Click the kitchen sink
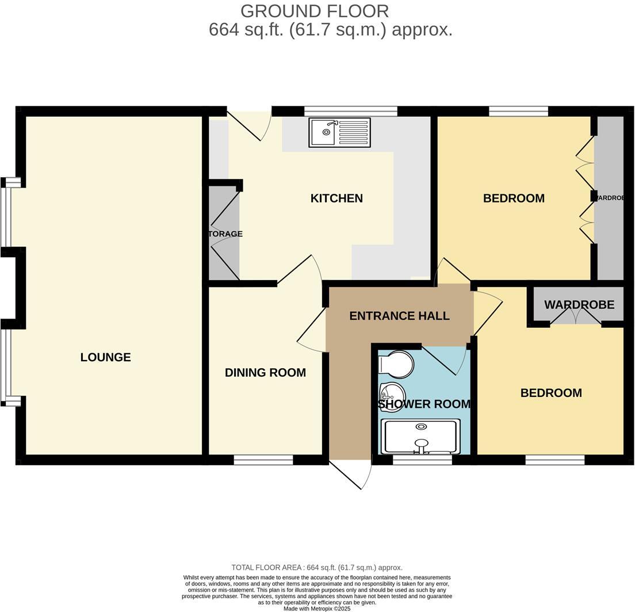click(x=339, y=132)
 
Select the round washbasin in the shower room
click(x=393, y=393)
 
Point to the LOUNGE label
click(x=105, y=357)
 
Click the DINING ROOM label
click(x=265, y=373)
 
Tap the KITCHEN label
click(x=336, y=198)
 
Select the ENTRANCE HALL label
click(x=399, y=316)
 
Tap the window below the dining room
click(x=263, y=460)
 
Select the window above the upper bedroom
click(x=518, y=111)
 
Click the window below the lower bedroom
click(x=555, y=460)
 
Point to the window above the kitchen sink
click(x=350, y=111)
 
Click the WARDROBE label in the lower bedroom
click(x=579, y=305)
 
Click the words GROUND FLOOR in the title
click(x=315, y=11)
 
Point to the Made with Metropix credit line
click(x=317, y=608)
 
